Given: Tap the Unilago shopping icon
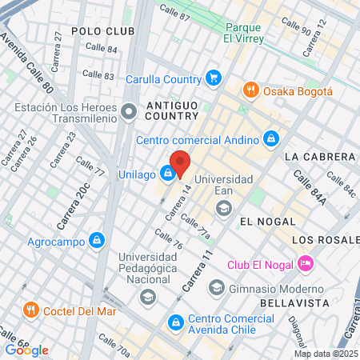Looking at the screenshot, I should pos(167,172).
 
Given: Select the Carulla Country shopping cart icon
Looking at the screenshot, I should pos(213,78).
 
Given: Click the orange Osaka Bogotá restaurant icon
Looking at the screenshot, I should pos(250,90).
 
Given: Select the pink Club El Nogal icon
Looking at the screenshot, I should pos(305,263).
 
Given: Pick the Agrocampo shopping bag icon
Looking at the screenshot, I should pos(97,239).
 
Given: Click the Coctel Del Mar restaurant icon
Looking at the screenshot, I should pos(31,310).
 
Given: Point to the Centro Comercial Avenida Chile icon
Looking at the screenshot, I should pos(174,322).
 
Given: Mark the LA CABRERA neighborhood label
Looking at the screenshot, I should pos(319,157).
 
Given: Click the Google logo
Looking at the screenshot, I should pos(26,350).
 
